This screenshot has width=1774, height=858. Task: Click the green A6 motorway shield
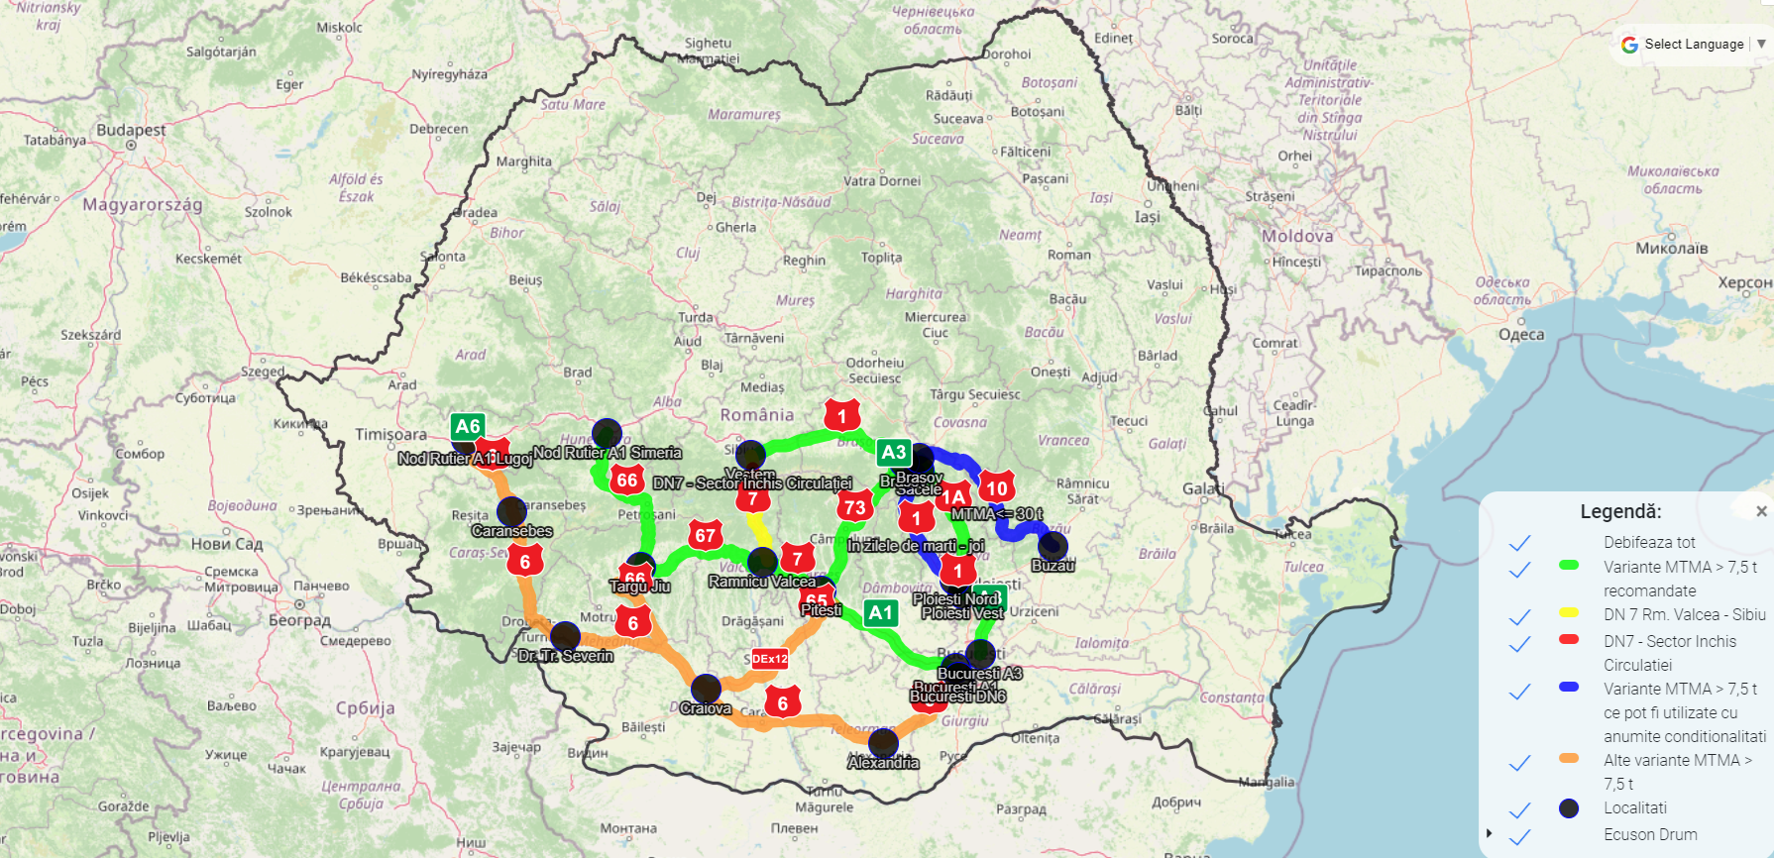[x=467, y=427]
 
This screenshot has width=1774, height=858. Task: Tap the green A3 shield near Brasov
[x=893, y=453]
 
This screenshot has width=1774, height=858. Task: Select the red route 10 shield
[x=996, y=487]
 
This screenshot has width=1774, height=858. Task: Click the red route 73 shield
[x=854, y=507]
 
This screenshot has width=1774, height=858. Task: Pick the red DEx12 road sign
[x=769, y=659]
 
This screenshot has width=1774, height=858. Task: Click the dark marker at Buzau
[x=1053, y=546]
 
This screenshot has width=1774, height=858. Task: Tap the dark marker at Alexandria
[x=883, y=743]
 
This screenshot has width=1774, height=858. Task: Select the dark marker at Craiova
[x=706, y=689]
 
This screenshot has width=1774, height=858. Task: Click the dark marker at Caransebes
[x=511, y=512]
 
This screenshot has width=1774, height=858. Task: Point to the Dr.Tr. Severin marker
[x=565, y=636]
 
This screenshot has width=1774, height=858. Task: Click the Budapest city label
[x=131, y=130]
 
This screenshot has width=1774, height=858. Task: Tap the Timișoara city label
[x=391, y=434]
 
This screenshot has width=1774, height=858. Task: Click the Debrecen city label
[x=438, y=129]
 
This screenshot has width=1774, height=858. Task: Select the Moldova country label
[x=1297, y=237]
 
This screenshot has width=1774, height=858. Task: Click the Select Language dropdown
[x=1694, y=45]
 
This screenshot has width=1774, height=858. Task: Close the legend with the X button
[x=1761, y=511]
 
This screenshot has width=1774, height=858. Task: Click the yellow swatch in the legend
[x=1569, y=613]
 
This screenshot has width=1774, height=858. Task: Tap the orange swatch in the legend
[x=1569, y=759]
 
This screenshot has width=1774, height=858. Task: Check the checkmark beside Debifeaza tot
[x=1520, y=543]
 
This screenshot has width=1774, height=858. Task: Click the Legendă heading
[x=1620, y=511]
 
